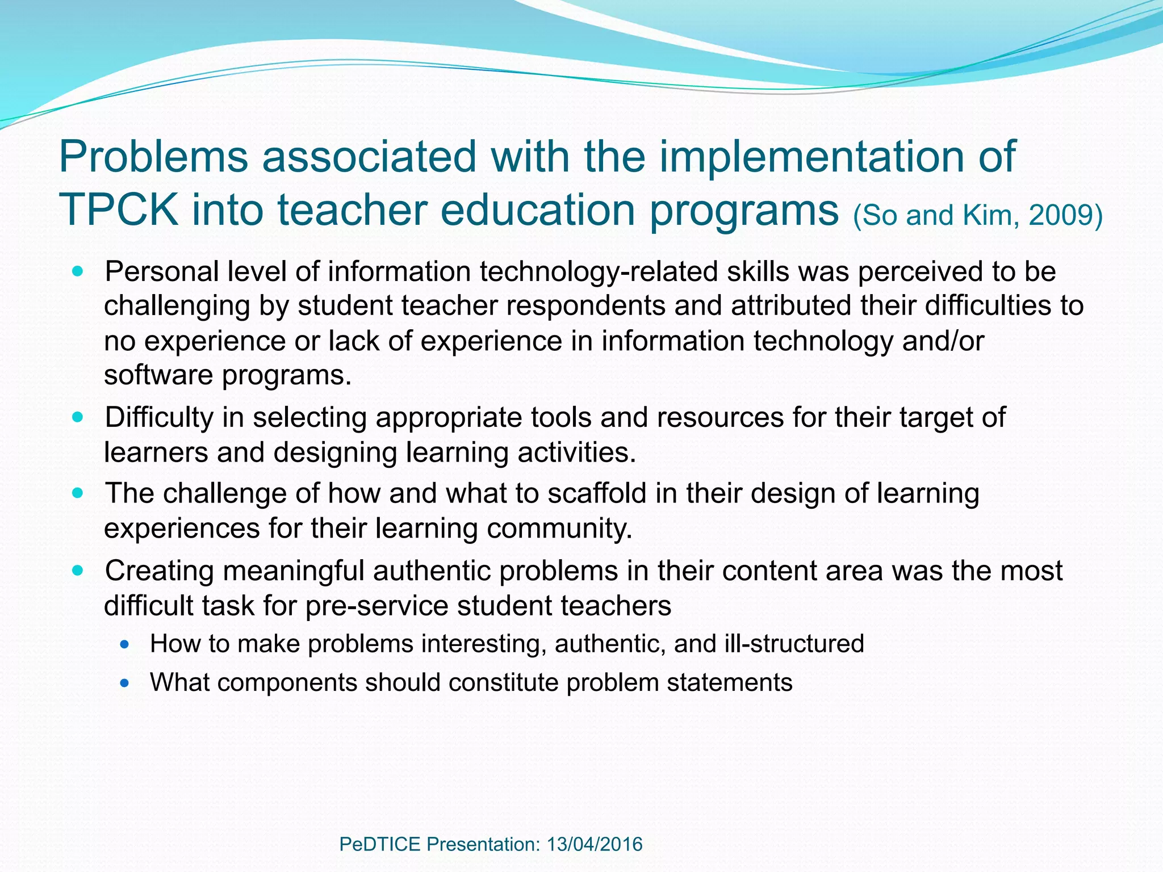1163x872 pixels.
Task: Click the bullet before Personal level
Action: click(78, 271)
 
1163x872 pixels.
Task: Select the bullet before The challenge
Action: click(78, 493)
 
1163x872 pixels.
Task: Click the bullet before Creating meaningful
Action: click(78, 571)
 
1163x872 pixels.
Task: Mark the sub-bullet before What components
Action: click(125, 683)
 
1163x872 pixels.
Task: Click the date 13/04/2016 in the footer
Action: click(595, 844)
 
